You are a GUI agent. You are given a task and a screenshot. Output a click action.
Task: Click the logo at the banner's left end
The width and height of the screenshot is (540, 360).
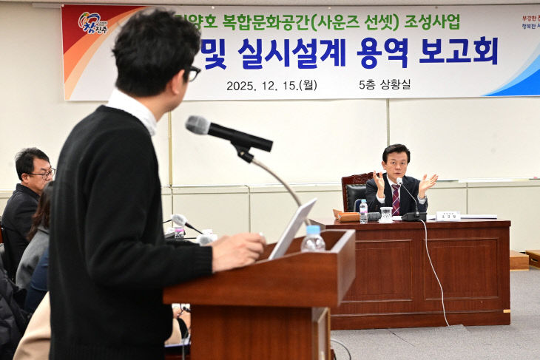[93, 23]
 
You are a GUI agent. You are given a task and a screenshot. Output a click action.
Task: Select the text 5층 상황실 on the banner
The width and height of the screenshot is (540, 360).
[385, 84]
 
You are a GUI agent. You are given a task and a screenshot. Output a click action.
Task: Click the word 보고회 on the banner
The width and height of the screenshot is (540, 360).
[458, 52]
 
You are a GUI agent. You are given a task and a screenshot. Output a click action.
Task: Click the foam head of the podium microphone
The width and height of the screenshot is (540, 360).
[197, 125]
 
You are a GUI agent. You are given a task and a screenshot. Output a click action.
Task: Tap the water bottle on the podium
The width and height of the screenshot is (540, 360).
[313, 239]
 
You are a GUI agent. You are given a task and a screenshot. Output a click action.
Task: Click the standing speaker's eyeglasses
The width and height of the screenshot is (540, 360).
[192, 72]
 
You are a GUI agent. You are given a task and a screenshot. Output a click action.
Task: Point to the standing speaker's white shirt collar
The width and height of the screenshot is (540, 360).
[133, 109]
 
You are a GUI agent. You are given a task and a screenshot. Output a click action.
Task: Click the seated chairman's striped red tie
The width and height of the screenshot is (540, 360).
[396, 199]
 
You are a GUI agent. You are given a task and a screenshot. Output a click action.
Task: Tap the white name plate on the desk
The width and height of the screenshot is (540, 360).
[448, 216]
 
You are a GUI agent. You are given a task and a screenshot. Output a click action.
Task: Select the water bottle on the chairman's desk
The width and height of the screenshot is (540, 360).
[362, 211]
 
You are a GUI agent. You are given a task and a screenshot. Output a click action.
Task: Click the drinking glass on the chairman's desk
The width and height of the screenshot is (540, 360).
[385, 214]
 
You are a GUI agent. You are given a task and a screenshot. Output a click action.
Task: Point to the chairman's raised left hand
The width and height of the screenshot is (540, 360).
[428, 183]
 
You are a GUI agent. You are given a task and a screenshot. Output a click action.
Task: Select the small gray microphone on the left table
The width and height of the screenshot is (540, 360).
[178, 220]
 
